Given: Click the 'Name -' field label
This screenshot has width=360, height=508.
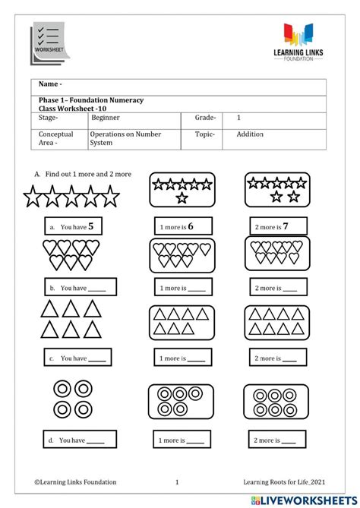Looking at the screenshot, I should pos(50,84).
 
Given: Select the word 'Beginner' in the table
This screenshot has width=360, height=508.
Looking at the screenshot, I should pos(106,118).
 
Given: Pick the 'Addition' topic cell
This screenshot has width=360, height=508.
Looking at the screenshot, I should pos(250,134).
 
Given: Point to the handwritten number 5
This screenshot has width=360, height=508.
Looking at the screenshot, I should pos(91,226).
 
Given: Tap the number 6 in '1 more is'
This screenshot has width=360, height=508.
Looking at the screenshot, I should pos(191,226).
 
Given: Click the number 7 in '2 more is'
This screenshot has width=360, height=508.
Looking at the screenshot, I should pos(286,226).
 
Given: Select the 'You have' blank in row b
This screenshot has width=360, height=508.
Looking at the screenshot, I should pos(102,289).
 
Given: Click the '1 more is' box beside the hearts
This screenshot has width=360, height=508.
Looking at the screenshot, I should pos(182,289).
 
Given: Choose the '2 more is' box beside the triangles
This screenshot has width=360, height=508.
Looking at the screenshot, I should pos(277,358).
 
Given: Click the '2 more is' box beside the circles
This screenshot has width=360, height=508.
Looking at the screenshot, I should pos(277,440).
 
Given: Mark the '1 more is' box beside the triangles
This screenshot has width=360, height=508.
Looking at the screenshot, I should pos(182,358).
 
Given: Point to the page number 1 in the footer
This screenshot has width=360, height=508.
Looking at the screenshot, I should pos(177,481).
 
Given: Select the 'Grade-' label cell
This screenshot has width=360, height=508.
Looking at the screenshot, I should pos(205,118).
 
